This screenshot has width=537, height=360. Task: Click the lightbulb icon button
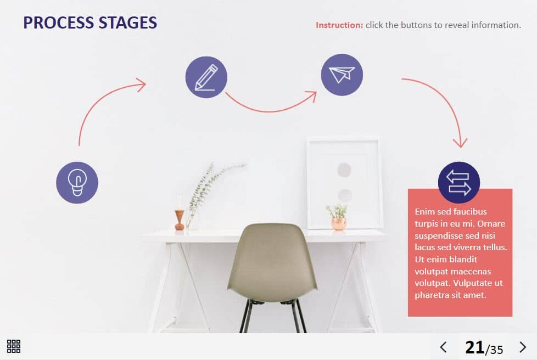coord(77,183)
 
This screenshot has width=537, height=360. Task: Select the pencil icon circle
coord(206,77)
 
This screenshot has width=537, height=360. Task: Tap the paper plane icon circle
coord(342,75)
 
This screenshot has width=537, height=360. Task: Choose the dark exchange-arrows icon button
coord(459,182)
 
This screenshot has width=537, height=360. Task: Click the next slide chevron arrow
coord(523,347)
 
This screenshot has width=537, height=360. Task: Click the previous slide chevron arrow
coord(443,347)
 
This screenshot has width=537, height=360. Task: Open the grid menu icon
coord(14,346)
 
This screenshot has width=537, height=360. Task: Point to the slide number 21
coord(474,347)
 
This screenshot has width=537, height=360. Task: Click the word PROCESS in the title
coord(59,23)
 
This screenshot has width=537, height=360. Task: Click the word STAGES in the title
coord(128,23)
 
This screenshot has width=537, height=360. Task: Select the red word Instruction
coord(339,25)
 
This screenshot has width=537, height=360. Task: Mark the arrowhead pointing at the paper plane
coord(312,95)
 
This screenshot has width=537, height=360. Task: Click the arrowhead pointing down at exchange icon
coord(460,143)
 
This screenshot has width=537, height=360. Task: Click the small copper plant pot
coord(338,224)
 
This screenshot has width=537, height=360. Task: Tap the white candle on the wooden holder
coord(179,201)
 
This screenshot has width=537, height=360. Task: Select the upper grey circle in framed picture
coord(344,170)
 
